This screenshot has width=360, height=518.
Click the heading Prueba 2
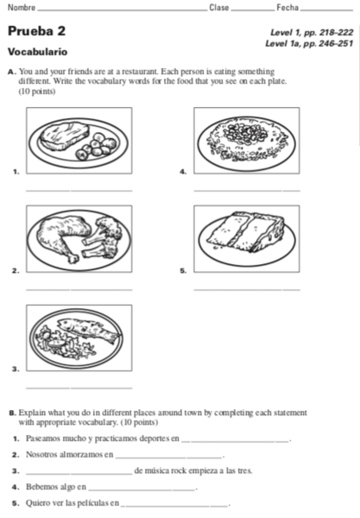tap(36, 32)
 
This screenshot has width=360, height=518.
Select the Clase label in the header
tap(219, 8)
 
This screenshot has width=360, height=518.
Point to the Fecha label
tap(287, 8)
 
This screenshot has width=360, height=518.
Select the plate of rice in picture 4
tap(248, 136)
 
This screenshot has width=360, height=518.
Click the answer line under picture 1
tap(79, 189)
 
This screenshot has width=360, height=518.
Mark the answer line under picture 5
tap(247, 287)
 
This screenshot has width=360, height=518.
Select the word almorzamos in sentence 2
tap(81, 455)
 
